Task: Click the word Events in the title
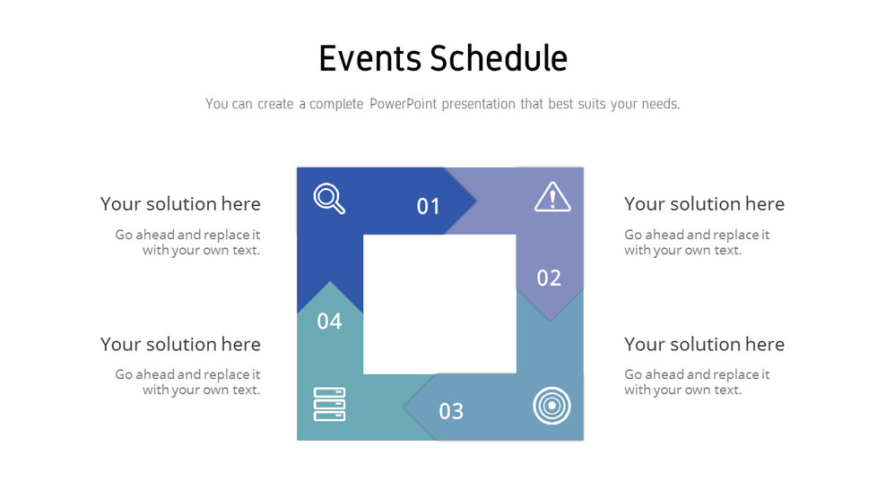369,58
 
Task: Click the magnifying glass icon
329,199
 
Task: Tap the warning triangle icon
552,197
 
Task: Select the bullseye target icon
551,406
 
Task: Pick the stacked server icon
329,404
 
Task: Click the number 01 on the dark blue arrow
429,207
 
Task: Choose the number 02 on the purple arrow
549,278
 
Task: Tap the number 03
451,411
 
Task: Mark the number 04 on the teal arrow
329,322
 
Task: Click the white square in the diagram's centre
439,304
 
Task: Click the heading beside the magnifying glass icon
180,204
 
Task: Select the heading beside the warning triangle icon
704,204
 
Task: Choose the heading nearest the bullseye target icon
704,344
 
